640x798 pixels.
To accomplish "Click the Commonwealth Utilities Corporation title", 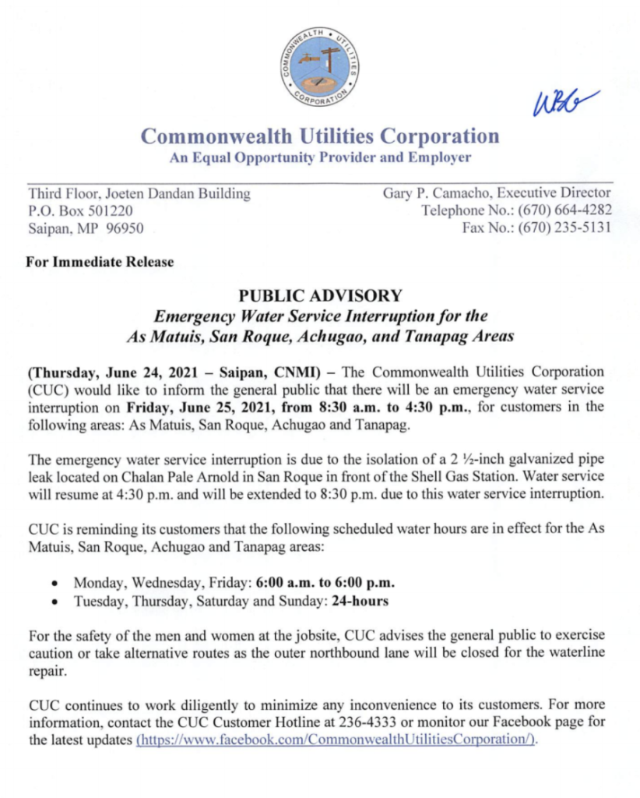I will tap(320, 136).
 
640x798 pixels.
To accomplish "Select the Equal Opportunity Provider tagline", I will tap(320, 157).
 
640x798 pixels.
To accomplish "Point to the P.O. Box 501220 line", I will tap(80, 210).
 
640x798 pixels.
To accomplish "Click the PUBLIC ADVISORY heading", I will tap(320, 295).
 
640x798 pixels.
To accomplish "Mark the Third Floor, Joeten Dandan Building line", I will tap(139, 193).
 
